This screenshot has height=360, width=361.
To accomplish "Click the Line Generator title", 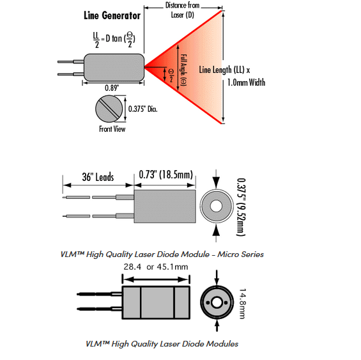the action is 112,16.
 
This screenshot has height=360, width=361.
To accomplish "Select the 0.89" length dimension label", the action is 112,88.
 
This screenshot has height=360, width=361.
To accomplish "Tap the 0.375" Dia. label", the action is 142,109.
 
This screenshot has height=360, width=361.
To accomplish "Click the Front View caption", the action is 112,129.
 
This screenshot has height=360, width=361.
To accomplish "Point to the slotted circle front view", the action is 109,109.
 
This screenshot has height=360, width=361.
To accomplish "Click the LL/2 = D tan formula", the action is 114,40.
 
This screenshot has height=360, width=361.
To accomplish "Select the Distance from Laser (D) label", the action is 182,10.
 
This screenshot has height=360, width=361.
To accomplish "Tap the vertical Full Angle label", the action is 183,70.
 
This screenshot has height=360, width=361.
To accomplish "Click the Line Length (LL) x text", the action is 224,70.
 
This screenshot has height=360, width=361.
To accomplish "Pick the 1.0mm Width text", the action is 247,82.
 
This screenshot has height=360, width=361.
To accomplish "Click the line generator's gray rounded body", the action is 114,67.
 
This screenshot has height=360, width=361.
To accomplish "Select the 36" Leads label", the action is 98,177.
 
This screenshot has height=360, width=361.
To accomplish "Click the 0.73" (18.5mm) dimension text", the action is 165,175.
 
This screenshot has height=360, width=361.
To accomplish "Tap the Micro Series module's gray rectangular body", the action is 165,207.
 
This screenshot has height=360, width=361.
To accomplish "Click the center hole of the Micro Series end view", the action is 216,206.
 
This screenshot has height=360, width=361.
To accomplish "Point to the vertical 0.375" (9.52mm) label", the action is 241,207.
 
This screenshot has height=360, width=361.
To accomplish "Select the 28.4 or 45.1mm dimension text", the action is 156,267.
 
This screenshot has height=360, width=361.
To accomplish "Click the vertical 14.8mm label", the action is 242,304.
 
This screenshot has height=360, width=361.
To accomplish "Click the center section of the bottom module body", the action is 157,302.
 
